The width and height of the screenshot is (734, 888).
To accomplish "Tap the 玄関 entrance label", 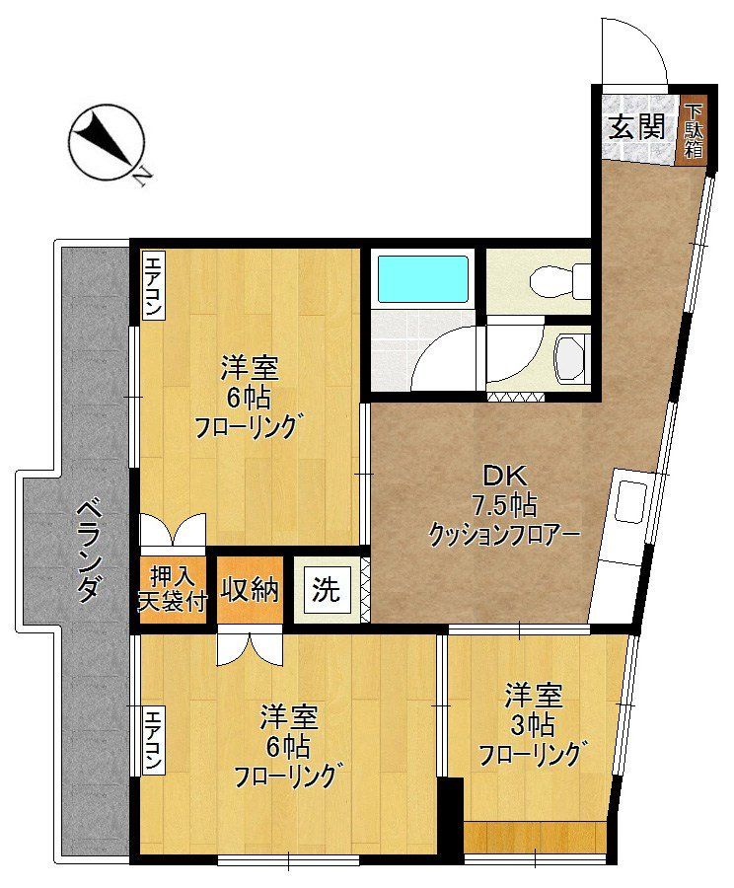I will coord(635,127).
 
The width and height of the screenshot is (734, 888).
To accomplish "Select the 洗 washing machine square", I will coord(326,590).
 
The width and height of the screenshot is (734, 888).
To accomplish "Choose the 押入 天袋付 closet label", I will coord(174,590).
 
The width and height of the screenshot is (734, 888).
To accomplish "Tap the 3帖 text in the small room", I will coord(533,725).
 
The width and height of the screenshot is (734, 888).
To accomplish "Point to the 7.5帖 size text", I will coord(502,506).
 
